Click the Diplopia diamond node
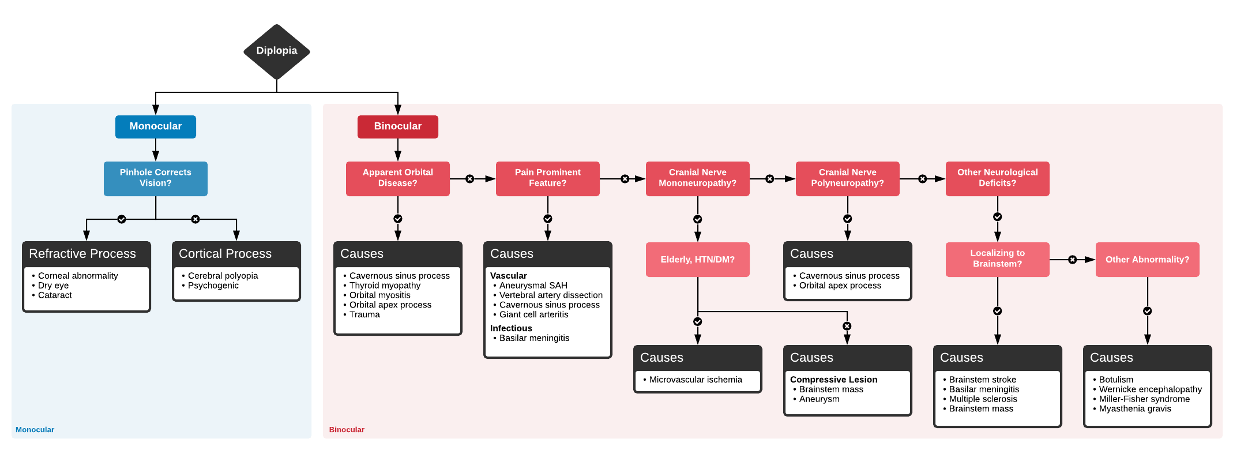(x=277, y=51)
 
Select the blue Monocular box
(x=156, y=126)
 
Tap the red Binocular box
(x=398, y=126)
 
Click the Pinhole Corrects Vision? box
(x=156, y=178)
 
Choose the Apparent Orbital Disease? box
(x=398, y=178)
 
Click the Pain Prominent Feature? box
(x=548, y=178)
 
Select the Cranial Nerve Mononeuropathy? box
(x=698, y=178)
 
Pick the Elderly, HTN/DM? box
(x=698, y=260)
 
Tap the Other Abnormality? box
(x=1147, y=260)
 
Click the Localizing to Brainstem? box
(x=998, y=259)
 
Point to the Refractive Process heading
(x=82, y=254)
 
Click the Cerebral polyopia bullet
(x=223, y=276)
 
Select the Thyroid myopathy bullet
(x=385, y=286)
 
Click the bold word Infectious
(x=511, y=328)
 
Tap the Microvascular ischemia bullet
(x=696, y=380)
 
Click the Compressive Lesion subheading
(x=833, y=380)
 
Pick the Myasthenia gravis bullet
(x=1135, y=408)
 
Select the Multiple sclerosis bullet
(x=983, y=399)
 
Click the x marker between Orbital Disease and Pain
(x=470, y=179)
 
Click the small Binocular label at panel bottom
(x=347, y=429)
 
